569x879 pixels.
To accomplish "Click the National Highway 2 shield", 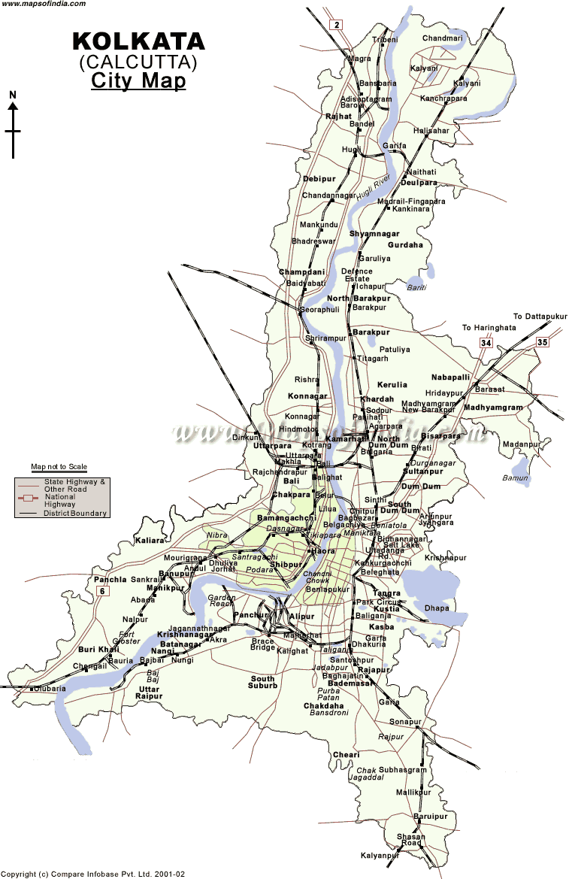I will [x=337, y=25].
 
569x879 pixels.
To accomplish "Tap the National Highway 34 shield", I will [x=486, y=344].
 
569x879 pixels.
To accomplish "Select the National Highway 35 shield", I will [x=542, y=343].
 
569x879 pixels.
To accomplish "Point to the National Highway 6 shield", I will [x=102, y=591].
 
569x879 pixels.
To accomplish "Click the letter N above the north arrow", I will [x=13, y=95].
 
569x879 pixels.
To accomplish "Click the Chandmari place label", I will [x=443, y=38].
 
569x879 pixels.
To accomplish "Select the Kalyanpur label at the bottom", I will [x=380, y=856].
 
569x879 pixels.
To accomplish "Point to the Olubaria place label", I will [x=49, y=688].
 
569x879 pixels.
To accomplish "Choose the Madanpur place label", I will [x=522, y=444].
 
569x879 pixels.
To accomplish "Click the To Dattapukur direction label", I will [x=540, y=317].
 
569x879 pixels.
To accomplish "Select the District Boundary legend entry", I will [x=75, y=514].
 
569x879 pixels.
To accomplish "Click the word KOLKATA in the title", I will [x=138, y=41].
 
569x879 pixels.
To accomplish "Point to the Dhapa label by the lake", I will [x=436, y=608].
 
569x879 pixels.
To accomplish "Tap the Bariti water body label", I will [x=416, y=287].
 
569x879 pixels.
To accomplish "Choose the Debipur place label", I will [x=319, y=179].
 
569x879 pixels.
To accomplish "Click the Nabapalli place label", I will [x=450, y=377].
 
